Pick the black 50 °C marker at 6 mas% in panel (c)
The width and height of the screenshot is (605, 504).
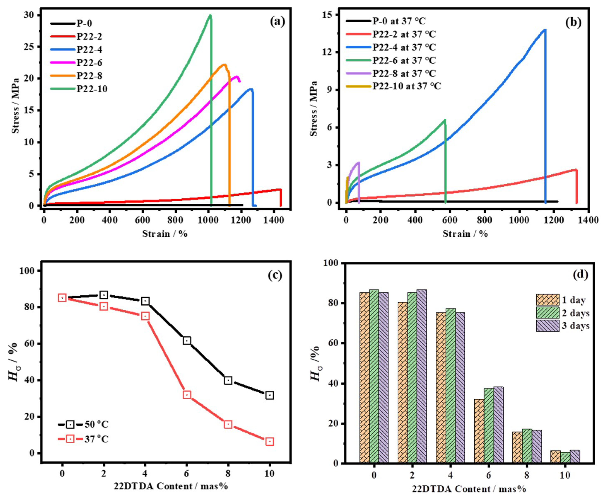[x=187, y=341]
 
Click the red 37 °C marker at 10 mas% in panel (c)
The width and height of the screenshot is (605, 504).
[x=269, y=441]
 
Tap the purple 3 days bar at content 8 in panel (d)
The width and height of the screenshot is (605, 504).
[x=536, y=447]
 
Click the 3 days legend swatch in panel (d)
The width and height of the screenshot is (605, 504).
[x=547, y=326]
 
